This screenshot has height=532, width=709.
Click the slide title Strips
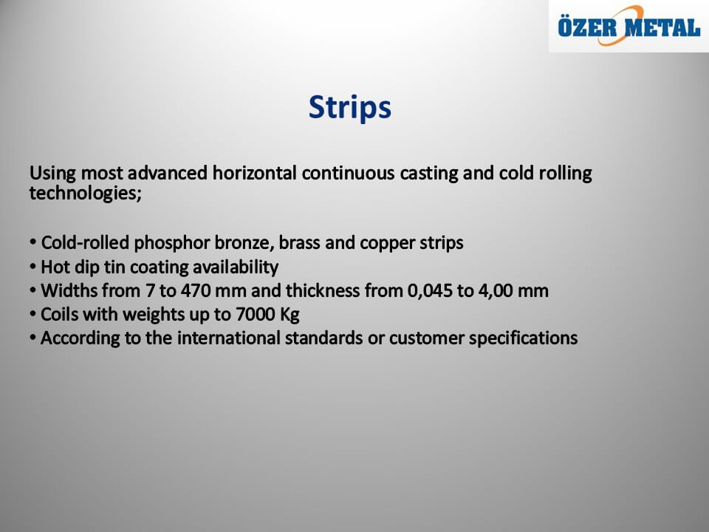pyautogui.click(x=350, y=108)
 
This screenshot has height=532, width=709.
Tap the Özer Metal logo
pyautogui.click(x=629, y=26)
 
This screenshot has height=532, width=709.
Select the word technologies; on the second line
pyautogui.click(x=86, y=194)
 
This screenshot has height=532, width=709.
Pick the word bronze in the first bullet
pyautogui.click(x=244, y=243)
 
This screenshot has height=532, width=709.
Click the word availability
pyautogui.click(x=236, y=267)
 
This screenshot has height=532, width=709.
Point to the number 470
pyautogui.click(x=196, y=291)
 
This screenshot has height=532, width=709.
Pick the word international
pyautogui.click(x=228, y=338)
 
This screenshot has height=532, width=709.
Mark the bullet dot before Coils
pyautogui.click(x=32, y=313)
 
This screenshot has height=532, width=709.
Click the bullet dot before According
pyautogui.click(x=32, y=337)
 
